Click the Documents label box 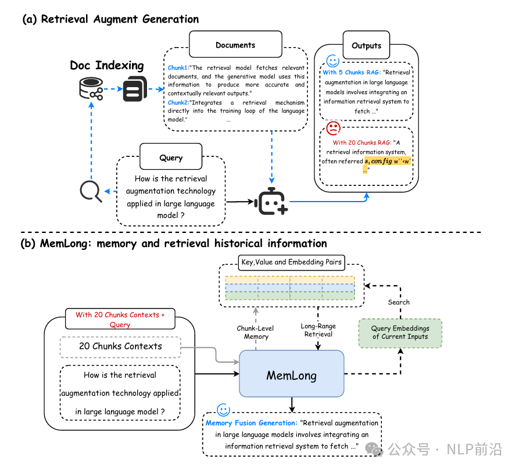pos(235,45)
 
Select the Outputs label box pos(367,45)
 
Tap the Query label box pos(171,157)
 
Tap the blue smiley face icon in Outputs pos(333,61)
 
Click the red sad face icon pos(334,128)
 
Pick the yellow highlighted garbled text pos(388,161)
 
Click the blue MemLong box pos(291,375)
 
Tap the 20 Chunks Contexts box pos(120,346)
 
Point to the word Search pos(399,302)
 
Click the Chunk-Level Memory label pos(256,332)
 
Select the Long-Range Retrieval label pos(318,330)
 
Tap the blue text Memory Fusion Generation pos(251,423)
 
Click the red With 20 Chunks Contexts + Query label pos(120,320)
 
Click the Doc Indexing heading pos(106,65)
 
